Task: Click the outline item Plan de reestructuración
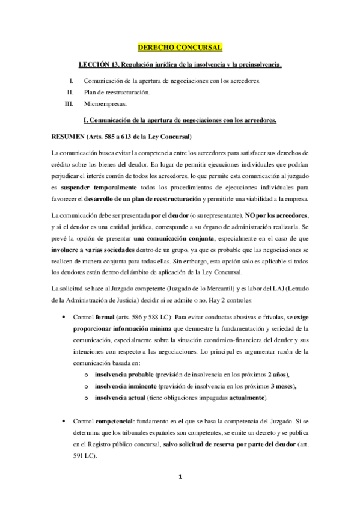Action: (116, 92)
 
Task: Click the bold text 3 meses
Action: (284, 386)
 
